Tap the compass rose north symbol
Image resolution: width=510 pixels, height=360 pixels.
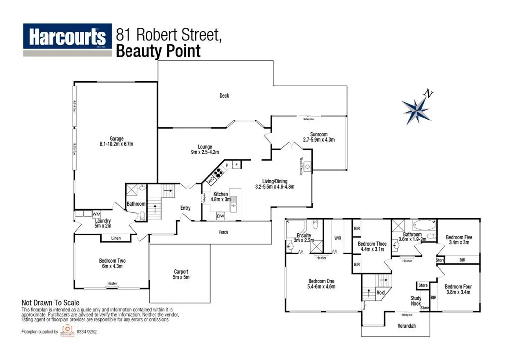coord(417,109)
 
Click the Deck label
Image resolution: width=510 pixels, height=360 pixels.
coord(224,96)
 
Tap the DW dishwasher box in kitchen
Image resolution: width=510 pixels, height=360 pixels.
coord(220,216)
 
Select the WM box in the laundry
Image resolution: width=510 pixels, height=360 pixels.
coord(96,214)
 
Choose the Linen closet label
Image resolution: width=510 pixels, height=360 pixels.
coord(116,238)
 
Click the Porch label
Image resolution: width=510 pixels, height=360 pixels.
coord(224,232)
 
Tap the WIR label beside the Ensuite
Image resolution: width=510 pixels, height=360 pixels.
coord(337,238)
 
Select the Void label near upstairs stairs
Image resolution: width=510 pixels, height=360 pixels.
coord(381,293)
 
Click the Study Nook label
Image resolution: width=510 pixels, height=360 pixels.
coord(416,301)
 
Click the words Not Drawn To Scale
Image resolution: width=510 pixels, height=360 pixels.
coord(50,302)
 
